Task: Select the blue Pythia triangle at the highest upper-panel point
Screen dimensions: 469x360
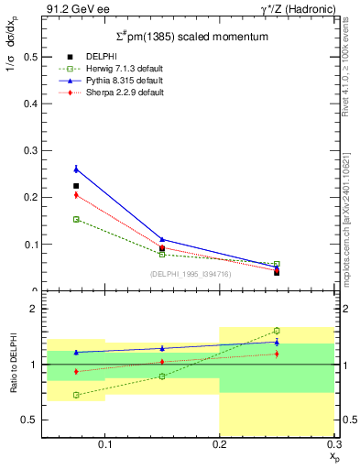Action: click(76, 169)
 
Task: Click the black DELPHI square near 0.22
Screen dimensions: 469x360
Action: click(76, 186)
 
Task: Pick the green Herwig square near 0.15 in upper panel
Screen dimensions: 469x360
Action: click(76, 219)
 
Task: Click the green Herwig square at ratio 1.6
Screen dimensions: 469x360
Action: click(277, 331)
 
